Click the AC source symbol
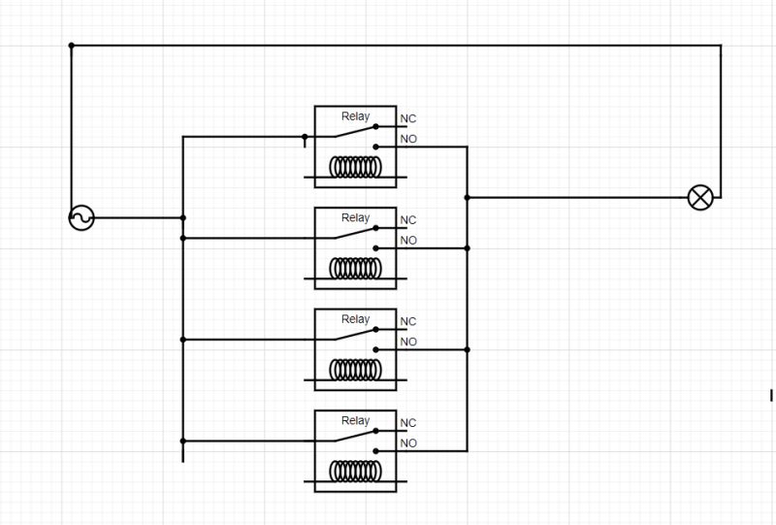81,218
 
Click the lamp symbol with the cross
699,198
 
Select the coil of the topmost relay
355,167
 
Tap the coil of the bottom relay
355,472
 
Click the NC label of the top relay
408,119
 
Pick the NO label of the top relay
408,140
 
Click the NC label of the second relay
408,220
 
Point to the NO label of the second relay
408,241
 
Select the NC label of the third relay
408,321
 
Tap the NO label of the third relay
408,342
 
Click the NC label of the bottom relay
408,423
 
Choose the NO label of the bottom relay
408,443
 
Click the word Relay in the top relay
355,116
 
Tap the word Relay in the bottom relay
355,421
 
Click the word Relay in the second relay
355,218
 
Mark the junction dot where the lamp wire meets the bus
468,198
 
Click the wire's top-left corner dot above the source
71,45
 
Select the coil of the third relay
355,370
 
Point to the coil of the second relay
355,268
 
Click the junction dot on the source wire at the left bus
182,218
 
